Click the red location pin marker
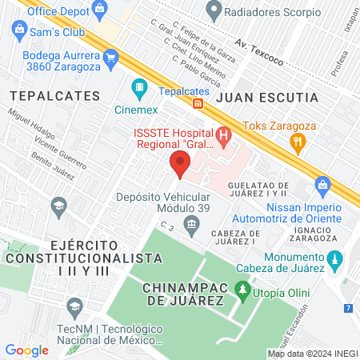[180, 165]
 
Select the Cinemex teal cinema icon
[140, 86]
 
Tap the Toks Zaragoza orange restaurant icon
[298, 144]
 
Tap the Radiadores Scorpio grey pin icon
[213, 11]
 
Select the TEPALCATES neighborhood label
[54, 95]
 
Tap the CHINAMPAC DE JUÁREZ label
[183, 293]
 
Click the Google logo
[26, 350]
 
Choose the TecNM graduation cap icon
[74, 306]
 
